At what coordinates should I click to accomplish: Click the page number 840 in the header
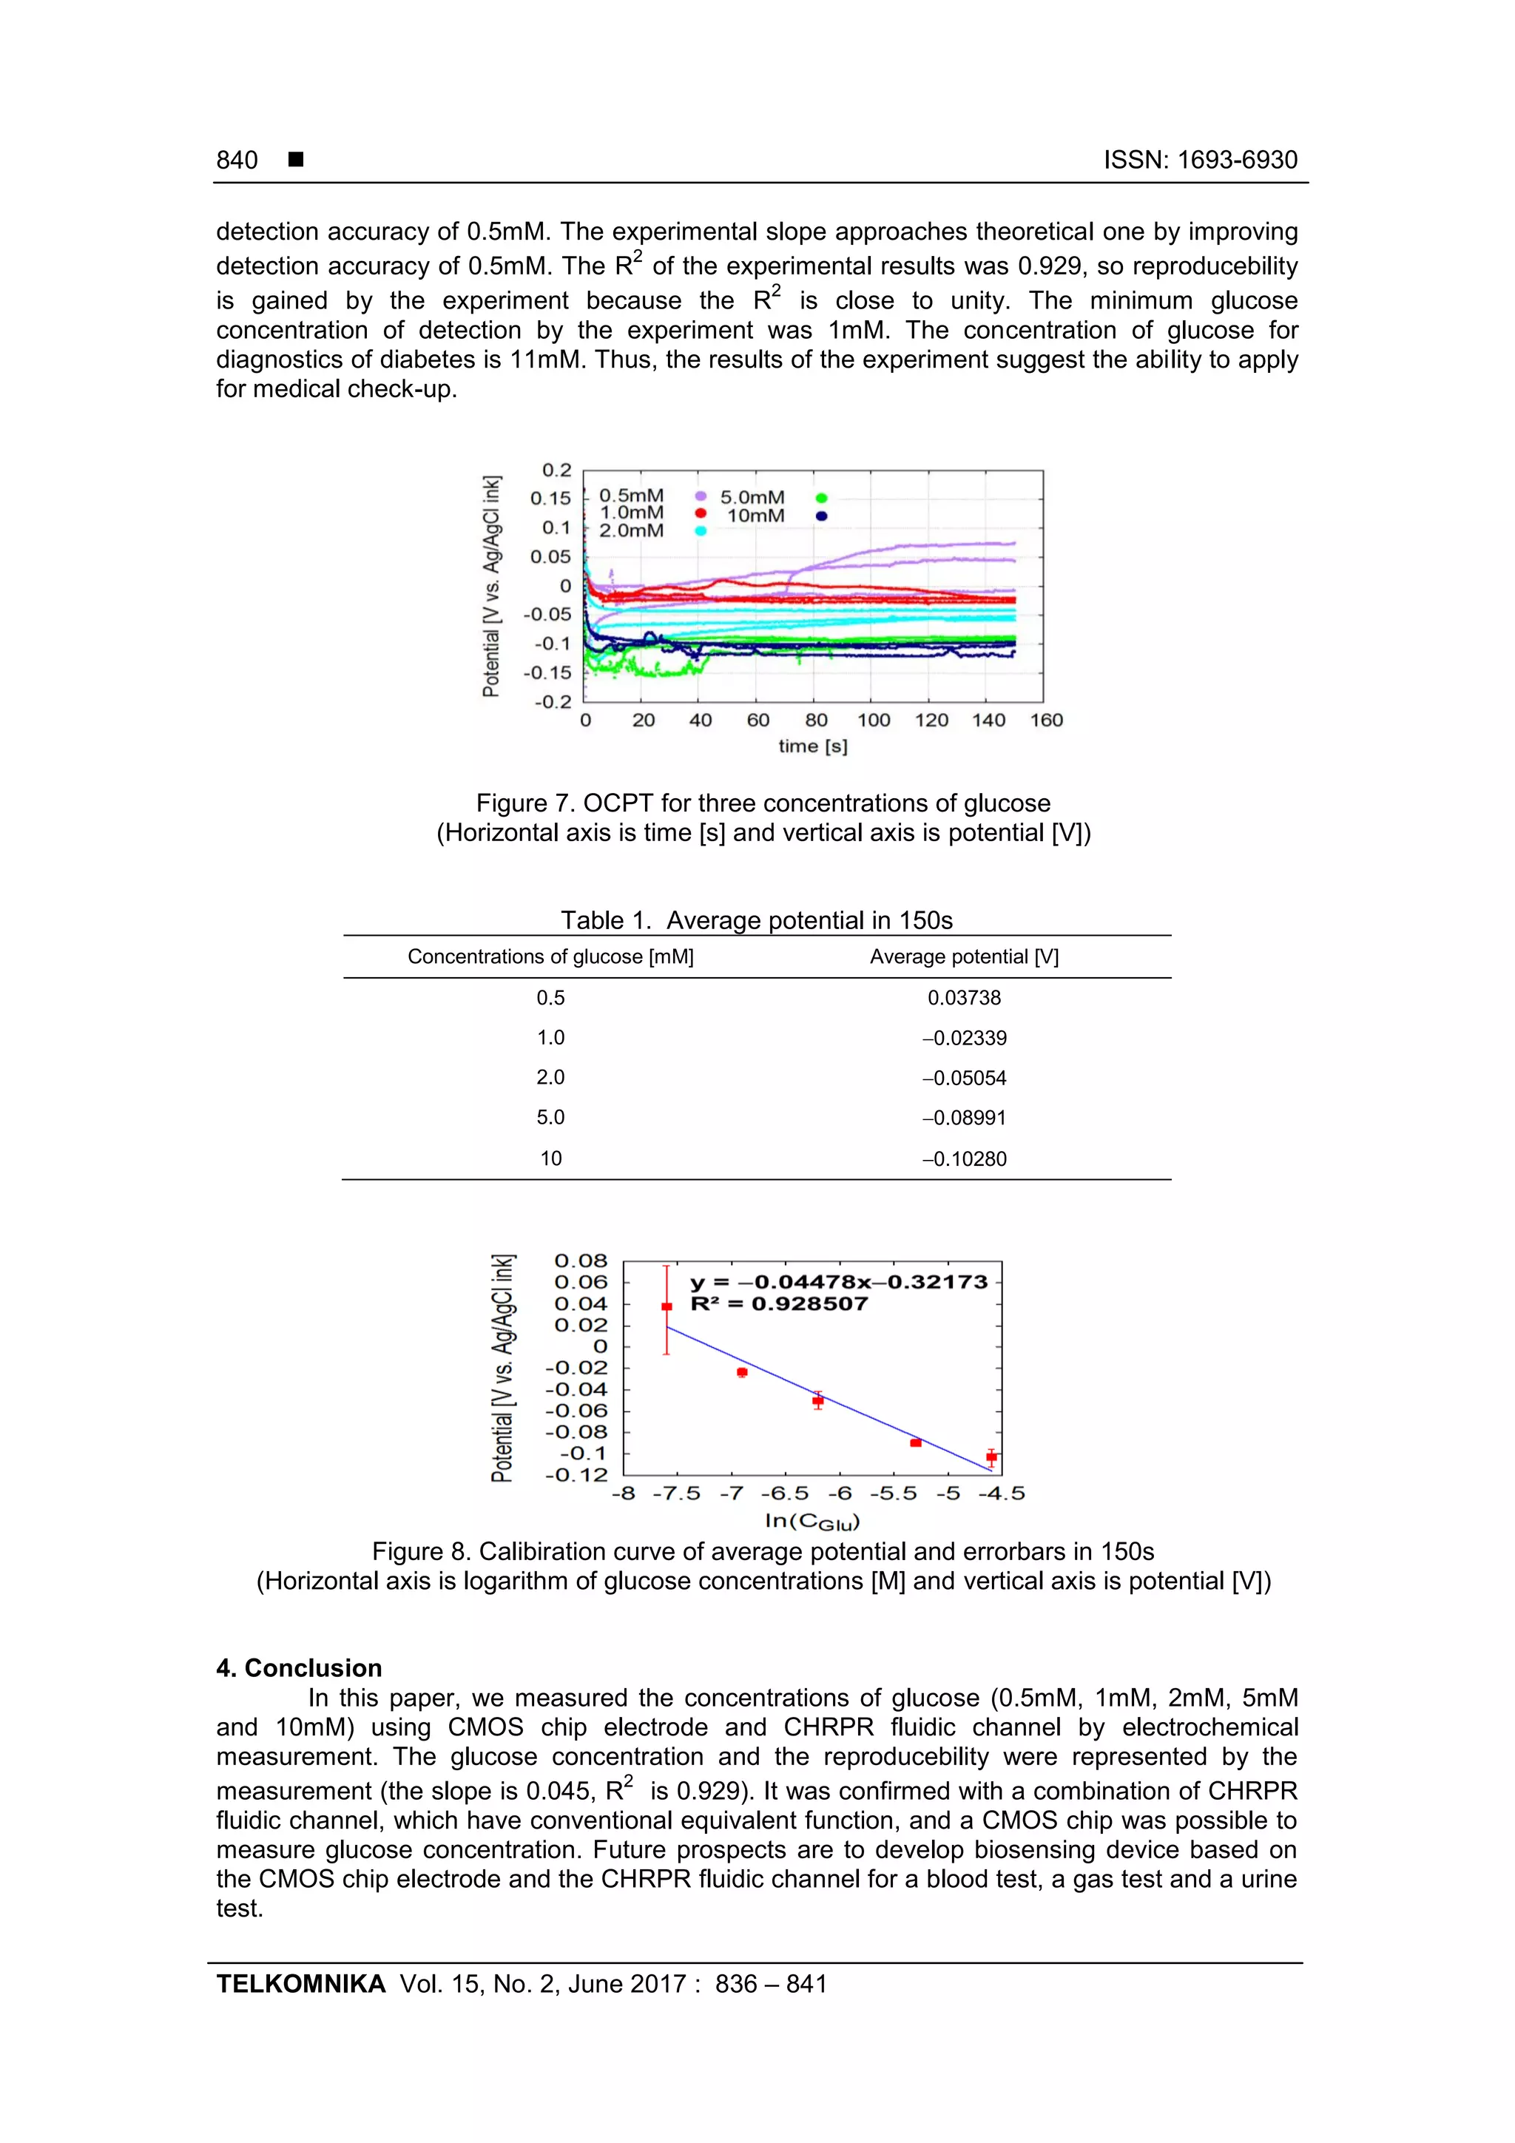coord(237,160)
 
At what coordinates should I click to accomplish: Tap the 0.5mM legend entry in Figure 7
coord(631,496)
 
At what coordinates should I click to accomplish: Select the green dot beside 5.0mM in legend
coord(821,499)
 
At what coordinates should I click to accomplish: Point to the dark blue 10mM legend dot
coord(821,516)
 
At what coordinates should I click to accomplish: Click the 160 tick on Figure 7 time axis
coord(1047,720)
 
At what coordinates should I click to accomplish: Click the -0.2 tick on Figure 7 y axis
coord(553,701)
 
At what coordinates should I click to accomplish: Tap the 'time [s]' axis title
coord(812,746)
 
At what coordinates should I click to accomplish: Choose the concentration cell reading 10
coord(550,1158)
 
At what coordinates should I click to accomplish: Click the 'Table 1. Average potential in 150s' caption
coord(756,920)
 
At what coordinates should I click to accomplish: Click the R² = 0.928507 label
coord(778,1304)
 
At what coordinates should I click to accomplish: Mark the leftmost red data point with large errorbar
coord(667,1306)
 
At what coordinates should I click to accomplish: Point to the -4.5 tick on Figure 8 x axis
coord(1001,1494)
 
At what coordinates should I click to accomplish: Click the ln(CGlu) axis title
coord(812,1522)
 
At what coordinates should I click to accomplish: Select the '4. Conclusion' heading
coord(299,1668)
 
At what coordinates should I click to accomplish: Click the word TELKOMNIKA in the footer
coord(300,1985)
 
